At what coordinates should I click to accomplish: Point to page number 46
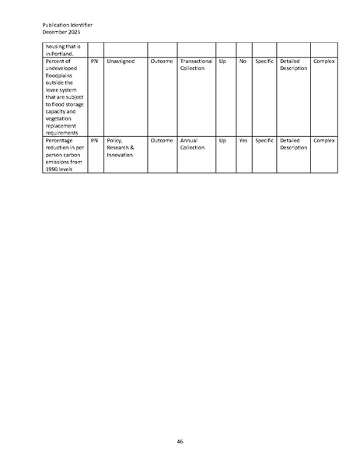click(180, 441)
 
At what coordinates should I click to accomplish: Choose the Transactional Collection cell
click(196, 65)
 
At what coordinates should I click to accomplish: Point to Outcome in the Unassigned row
click(162, 61)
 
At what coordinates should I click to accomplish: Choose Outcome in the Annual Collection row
click(162, 141)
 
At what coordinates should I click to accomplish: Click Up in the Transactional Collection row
click(223, 61)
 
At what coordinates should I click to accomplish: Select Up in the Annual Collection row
click(223, 141)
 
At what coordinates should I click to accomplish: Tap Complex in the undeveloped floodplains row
click(323, 61)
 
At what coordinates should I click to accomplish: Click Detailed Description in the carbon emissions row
click(293, 145)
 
